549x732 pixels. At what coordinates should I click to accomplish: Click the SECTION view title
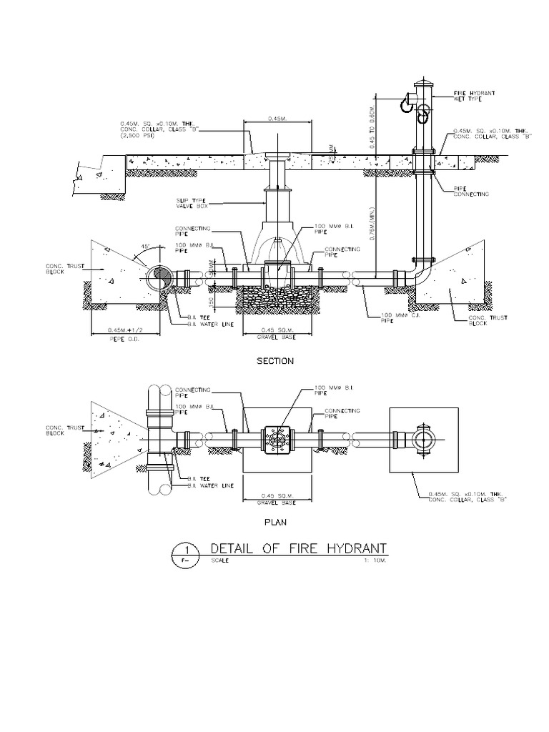275,361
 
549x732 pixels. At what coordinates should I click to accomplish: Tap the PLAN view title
275,522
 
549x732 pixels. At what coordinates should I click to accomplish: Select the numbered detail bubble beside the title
186,554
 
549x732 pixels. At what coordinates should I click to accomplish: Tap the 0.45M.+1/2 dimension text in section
119,330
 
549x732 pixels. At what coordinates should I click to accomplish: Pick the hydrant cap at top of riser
422,85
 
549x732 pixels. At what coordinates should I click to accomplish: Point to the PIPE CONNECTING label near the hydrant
470,192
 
